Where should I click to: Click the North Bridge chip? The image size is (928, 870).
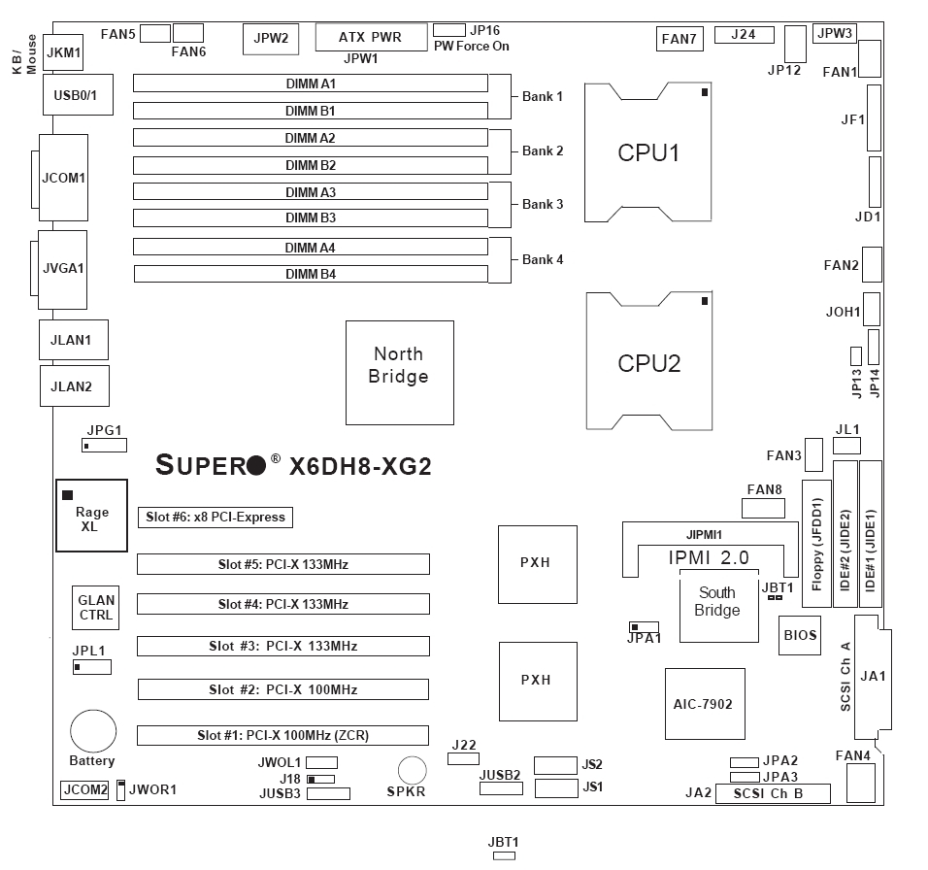(399, 373)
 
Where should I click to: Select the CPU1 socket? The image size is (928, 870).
(648, 152)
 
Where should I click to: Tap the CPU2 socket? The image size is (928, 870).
(648, 362)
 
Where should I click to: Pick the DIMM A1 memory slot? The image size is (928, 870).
(311, 84)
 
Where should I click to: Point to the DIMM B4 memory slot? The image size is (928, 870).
(311, 275)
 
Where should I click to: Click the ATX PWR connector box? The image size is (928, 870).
(371, 37)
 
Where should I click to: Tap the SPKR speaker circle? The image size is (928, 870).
(413, 770)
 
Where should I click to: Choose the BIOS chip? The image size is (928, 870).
(799, 636)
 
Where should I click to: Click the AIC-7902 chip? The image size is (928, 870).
(705, 703)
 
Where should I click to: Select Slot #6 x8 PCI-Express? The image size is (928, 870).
(215, 518)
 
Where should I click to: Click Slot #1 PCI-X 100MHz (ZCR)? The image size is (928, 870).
(282, 735)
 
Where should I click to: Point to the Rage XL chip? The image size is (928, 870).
(92, 516)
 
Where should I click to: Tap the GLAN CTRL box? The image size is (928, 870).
(96, 608)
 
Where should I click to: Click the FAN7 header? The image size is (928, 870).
(678, 39)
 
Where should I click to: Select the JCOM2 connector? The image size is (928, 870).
(85, 789)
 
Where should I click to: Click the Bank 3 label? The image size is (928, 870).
(542, 205)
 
